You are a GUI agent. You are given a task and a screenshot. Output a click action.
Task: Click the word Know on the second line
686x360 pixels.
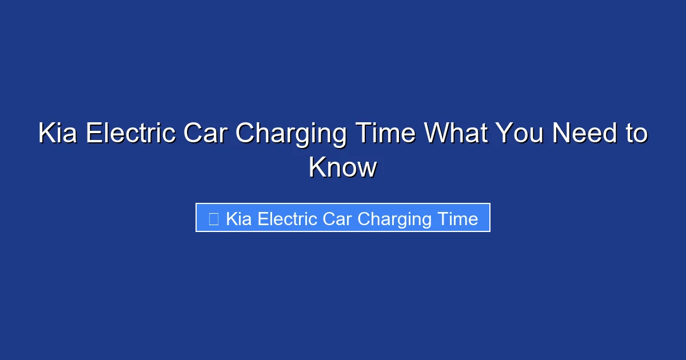click(343, 168)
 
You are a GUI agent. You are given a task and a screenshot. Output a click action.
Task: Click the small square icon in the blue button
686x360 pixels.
click(213, 219)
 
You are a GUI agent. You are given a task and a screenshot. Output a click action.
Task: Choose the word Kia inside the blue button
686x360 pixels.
click(239, 219)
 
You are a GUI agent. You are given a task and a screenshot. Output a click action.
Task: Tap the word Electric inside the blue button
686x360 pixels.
click(285, 219)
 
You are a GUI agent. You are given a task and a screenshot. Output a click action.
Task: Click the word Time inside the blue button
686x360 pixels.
click(457, 219)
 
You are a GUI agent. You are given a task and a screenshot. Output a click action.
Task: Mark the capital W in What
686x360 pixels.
click(436, 134)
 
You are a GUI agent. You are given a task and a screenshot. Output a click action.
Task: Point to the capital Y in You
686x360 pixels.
click(503, 134)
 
